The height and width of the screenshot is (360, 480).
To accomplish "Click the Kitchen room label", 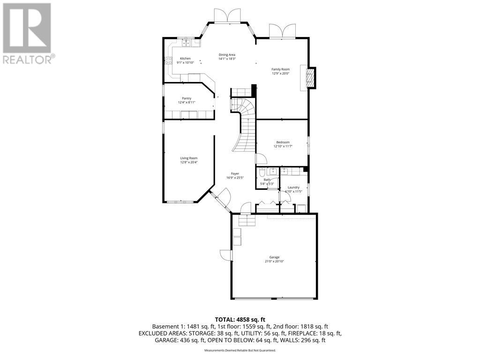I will click(185, 59).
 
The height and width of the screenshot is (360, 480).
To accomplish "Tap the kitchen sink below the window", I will click(187, 43).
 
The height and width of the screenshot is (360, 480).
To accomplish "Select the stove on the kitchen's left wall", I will click(167, 60).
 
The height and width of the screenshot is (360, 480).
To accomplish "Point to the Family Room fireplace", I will click(309, 78).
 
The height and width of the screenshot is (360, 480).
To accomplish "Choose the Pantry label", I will click(187, 98).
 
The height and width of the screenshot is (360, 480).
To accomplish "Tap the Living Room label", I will click(189, 158).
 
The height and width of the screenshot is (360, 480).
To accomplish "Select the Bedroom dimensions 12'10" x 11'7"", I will click(282, 147).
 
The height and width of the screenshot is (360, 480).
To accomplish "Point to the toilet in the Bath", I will click(262, 172).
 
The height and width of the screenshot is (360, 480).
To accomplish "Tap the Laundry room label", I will click(293, 187).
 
